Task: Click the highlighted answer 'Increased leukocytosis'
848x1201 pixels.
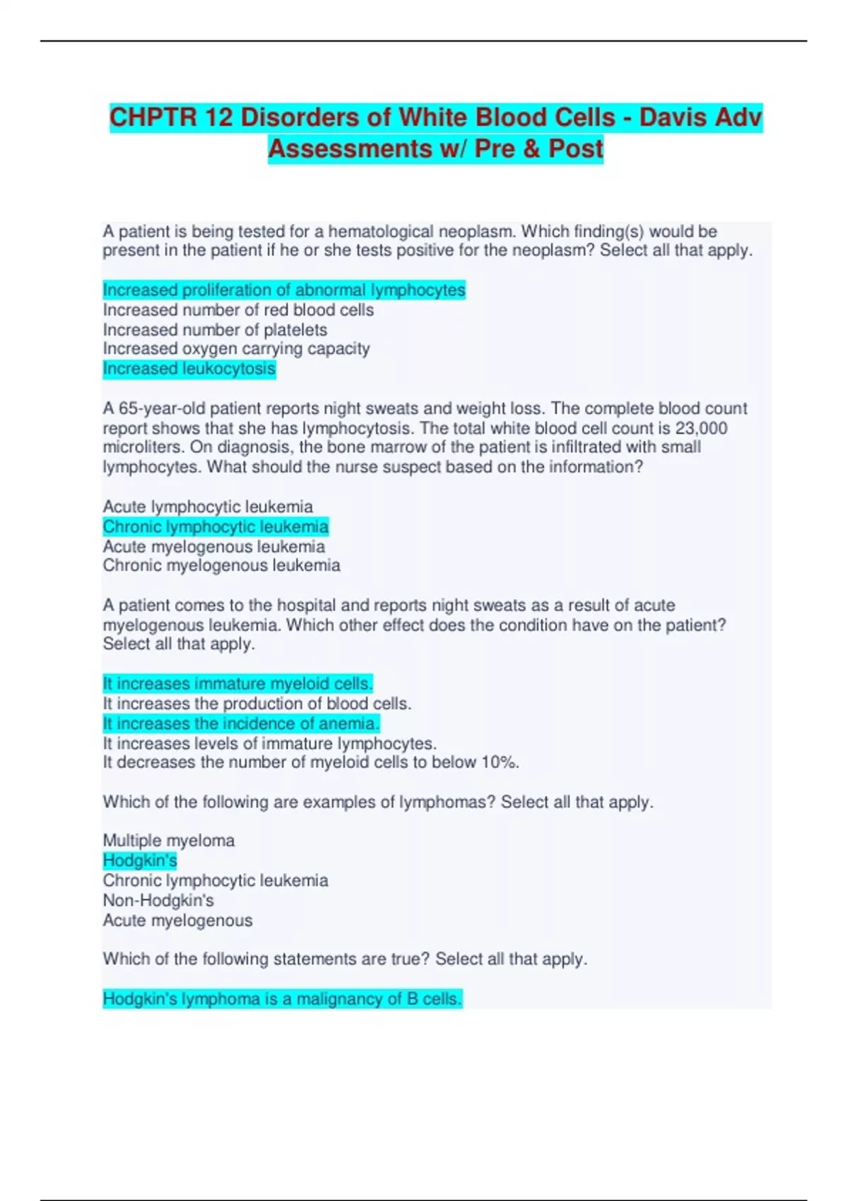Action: point(189,369)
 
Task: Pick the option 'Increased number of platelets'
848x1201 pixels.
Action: point(215,330)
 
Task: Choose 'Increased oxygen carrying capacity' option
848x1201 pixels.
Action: point(236,349)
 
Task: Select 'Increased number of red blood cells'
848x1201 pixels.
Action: point(238,310)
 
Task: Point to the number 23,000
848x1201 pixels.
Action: point(702,428)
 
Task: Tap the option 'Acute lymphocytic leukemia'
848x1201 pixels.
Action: point(208,507)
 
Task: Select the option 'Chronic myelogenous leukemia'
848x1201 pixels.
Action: point(221,565)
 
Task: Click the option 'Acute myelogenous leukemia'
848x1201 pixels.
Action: point(213,546)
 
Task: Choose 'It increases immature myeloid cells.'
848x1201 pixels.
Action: point(237,684)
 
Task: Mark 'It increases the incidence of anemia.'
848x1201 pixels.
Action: point(241,723)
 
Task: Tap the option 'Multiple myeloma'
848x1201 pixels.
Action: point(168,841)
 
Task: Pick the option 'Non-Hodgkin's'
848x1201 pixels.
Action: point(158,900)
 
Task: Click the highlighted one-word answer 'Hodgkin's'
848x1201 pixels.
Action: point(140,860)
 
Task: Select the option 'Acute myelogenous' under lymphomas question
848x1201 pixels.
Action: point(177,921)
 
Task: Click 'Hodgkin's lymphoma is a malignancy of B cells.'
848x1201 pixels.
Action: point(282,999)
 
